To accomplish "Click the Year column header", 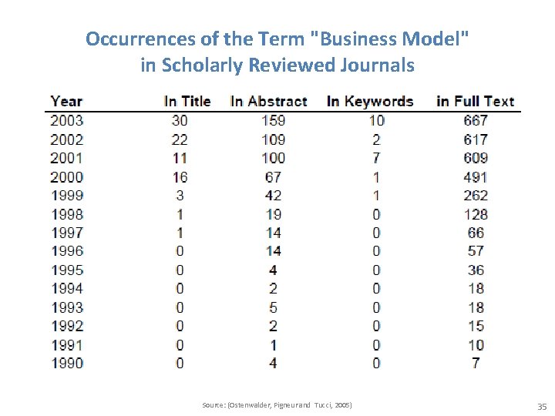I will coord(66,101).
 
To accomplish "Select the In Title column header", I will coord(187,101).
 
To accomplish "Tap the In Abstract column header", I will coord(268,101).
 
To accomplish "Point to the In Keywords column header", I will coord(370,101).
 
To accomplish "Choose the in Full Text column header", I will coord(475,101).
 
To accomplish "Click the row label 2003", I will coord(67,120).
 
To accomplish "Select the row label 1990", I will coord(67,363).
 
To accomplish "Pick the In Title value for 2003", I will coord(180,120).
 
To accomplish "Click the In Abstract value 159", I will coord(273,120).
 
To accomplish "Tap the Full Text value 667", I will coord(476,120).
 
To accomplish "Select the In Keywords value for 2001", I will coord(376,158).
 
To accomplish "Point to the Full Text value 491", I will coord(476,176).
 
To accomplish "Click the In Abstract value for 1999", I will coord(273,195).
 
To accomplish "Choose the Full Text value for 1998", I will coord(476,214).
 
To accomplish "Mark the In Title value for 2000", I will coord(180,176).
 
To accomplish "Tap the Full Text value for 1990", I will coord(476,363).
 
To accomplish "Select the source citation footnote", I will coord(277,404).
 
